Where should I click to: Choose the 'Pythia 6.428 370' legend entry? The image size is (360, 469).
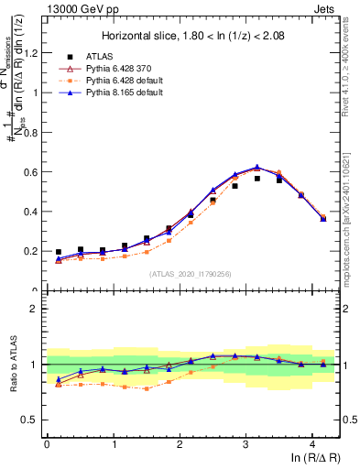pos(108,68)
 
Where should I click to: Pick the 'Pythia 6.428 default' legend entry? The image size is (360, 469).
pos(114,80)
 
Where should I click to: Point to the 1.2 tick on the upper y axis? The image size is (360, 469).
pos(34,52)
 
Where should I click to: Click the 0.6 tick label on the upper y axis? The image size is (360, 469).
pos(34,171)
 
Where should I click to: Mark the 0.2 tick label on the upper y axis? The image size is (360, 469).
pos(34,251)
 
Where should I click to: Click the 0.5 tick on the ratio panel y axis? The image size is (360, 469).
pos(34,420)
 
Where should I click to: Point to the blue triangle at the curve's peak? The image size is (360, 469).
pos(257,168)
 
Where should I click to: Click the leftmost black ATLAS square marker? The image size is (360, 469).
pos(59,252)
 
